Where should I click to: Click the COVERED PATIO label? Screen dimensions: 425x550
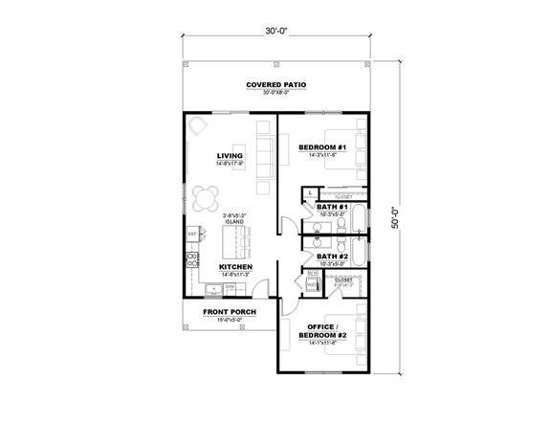275,85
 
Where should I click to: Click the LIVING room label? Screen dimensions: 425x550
230,155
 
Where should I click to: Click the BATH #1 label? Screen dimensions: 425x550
331,207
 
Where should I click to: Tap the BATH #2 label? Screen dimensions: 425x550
331,256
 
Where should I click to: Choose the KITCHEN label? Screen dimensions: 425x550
235,267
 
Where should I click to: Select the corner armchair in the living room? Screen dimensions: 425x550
198,126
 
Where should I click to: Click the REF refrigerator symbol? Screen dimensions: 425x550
192,234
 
